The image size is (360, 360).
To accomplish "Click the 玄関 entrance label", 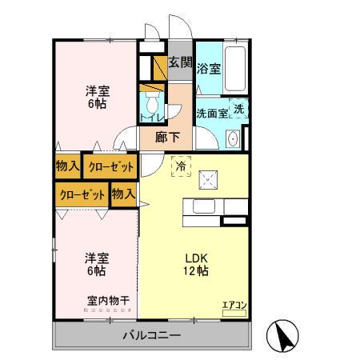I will [180, 63].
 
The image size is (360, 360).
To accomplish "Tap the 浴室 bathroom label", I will [209, 69].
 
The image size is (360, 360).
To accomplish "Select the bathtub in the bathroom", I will [234, 70].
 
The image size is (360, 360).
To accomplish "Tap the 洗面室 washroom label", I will [212, 114].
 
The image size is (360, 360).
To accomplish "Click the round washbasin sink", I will [234, 140].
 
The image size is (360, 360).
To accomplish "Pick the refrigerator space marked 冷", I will [181, 165].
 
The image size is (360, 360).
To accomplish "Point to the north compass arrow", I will [284, 334].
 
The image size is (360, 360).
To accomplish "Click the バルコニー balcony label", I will [151, 335].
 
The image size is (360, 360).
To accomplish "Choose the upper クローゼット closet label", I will [110, 166].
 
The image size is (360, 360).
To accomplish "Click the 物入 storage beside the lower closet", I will [122, 194].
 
